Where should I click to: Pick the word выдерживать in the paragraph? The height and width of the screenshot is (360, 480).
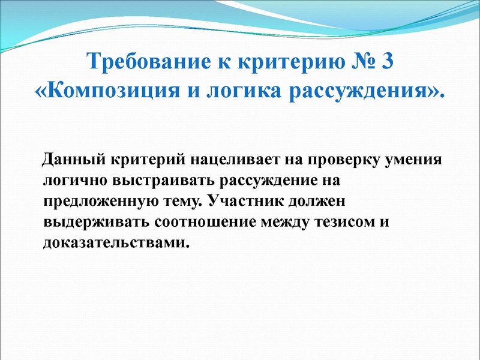pyautogui.click(x=95, y=222)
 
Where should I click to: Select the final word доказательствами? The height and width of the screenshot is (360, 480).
pyautogui.click(x=112, y=243)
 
